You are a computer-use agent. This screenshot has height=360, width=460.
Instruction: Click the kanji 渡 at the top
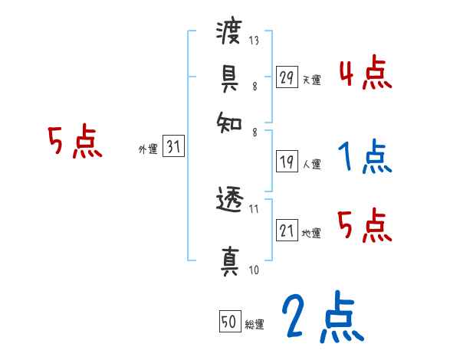(228, 33)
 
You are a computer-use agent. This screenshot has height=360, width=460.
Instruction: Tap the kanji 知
(228, 122)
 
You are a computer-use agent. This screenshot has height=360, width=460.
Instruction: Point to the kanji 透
(228, 201)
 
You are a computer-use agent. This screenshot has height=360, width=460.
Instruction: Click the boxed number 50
(228, 322)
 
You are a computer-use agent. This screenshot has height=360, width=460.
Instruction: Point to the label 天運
(311, 80)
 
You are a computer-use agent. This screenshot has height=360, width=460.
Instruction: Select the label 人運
(311, 164)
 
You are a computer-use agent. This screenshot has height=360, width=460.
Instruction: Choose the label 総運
(255, 325)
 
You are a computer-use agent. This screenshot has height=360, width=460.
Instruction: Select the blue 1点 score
(365, 157)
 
